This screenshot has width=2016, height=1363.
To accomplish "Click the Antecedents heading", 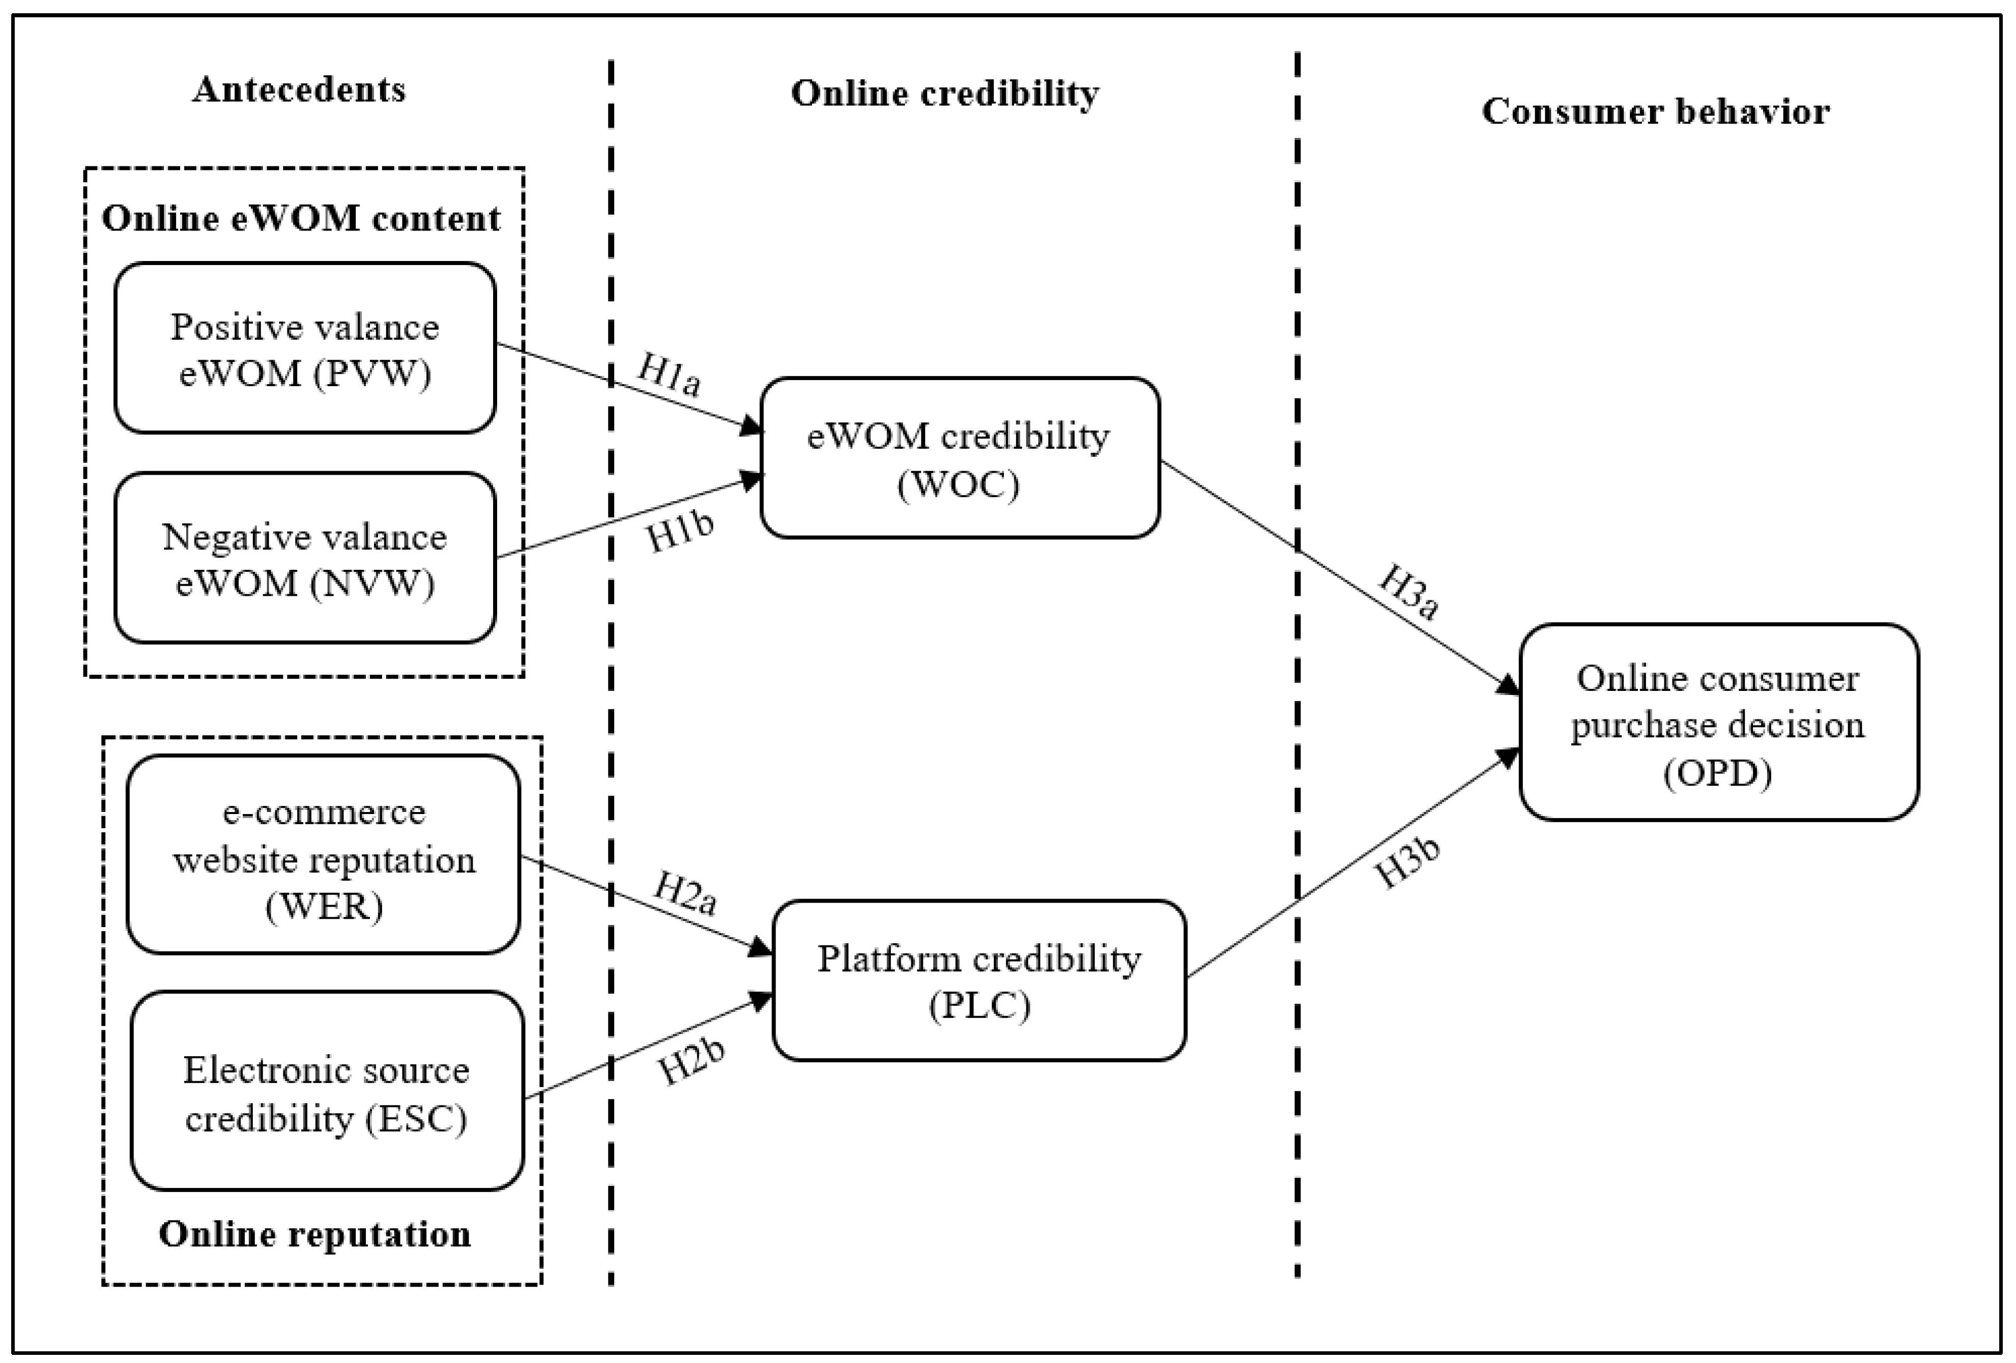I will (x=299, y=90).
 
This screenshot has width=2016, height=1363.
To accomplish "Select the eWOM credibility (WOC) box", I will (x=960, y=458).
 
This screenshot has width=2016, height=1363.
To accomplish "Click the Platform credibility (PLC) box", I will (x=978, y=980).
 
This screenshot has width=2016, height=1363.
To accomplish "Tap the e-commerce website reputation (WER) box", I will (x=324, y=855).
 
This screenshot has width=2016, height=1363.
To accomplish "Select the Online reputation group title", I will (x=315, y=1234).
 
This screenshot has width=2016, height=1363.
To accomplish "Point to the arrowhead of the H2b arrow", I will (x=763, y=1000).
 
